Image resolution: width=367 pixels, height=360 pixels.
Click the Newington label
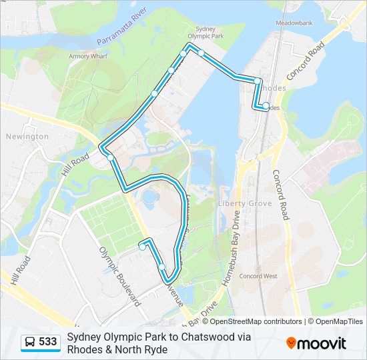(27, 136)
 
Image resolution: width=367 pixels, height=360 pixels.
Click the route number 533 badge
(47, 342)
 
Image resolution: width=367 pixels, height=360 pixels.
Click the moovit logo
(316, 343)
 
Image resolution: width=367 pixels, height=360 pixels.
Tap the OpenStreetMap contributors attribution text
(247, 321)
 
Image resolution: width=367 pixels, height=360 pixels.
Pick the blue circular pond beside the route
(149, 197)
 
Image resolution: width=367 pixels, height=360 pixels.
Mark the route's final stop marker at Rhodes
(266, 105)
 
